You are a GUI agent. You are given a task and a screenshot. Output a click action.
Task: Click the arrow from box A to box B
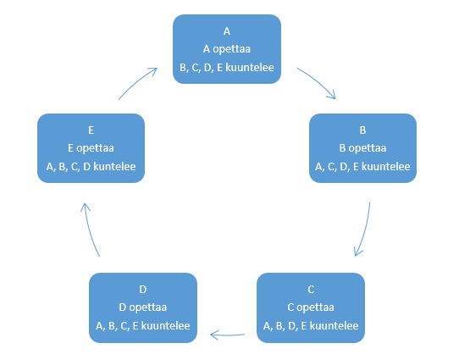(318, 81)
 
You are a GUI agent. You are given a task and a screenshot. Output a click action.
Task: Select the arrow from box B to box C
(364, 230)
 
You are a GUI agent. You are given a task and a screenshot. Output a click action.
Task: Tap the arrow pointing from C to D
(227, 335)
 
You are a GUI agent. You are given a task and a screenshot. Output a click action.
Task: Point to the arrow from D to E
(89, 230)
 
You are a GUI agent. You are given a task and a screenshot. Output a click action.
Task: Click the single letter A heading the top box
(227, 31)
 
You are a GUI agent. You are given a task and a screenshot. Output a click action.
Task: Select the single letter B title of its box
(362, 130)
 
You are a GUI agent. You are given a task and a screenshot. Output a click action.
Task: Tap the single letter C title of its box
(311, 290)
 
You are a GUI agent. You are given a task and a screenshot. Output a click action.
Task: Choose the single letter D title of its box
(143, 290)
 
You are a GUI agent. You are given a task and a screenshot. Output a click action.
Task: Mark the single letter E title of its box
(91, 130)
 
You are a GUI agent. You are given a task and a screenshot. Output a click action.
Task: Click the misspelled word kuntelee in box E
(114, 166)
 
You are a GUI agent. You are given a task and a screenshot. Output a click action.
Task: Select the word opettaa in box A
(231, 49)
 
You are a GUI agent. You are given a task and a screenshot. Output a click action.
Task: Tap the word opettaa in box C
(315, 307)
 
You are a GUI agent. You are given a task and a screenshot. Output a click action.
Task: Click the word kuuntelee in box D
(165, 326)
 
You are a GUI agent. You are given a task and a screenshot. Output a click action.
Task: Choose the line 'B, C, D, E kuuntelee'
(227, 68)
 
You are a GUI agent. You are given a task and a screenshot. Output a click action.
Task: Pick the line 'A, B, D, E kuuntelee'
(311, 326)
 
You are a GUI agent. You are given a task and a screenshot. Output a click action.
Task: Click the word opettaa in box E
(95, 148)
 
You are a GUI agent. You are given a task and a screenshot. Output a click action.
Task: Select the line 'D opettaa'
(142, 307)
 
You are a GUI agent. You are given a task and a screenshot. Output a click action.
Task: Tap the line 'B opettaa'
(362, 148)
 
